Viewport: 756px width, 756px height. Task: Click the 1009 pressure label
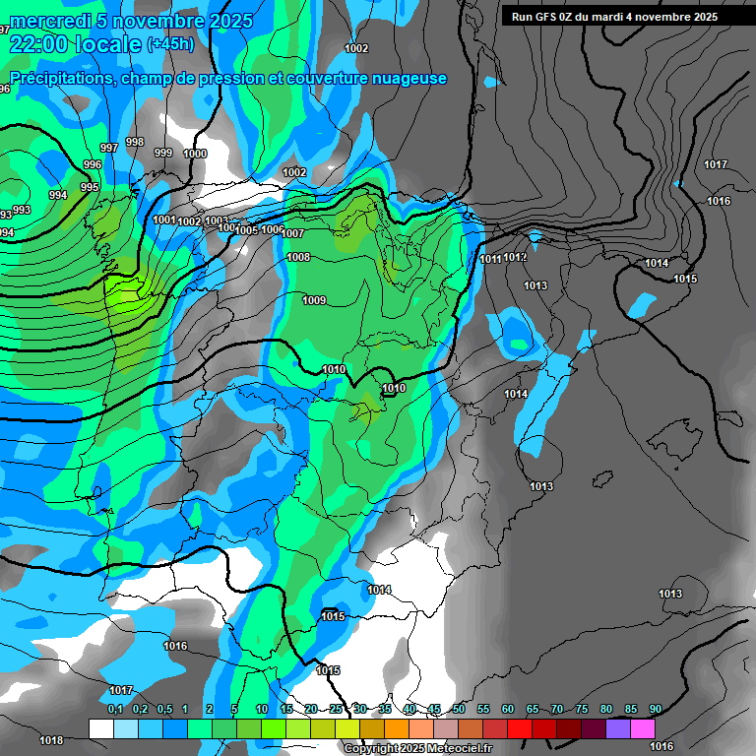(x=314, y=300)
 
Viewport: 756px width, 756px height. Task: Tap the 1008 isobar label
(x=298, y=257)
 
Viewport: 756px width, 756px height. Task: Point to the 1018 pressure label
(x=51, y=740)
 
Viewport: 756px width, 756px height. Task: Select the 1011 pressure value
(x=491, y=259)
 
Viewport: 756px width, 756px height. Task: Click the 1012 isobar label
(x=515, y=257)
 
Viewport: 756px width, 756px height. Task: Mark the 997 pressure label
(x=109, y=148)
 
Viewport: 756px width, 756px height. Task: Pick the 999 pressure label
(x=163, y=153)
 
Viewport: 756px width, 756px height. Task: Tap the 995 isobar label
(x=90, y=187)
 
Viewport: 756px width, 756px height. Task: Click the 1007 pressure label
(x=292, y=233)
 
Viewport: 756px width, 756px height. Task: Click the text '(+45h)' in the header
(x=170, y=44)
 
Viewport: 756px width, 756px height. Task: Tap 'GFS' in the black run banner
(x=547, y=17)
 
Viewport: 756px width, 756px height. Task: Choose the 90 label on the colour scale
(x=655, y=709)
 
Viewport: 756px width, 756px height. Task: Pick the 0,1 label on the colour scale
(x=114, y=709)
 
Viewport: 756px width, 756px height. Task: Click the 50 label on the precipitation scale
(x=459, y=709)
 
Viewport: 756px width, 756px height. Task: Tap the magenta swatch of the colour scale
(x=643, y=728)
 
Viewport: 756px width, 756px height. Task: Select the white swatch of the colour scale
(x=100, y=728)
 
